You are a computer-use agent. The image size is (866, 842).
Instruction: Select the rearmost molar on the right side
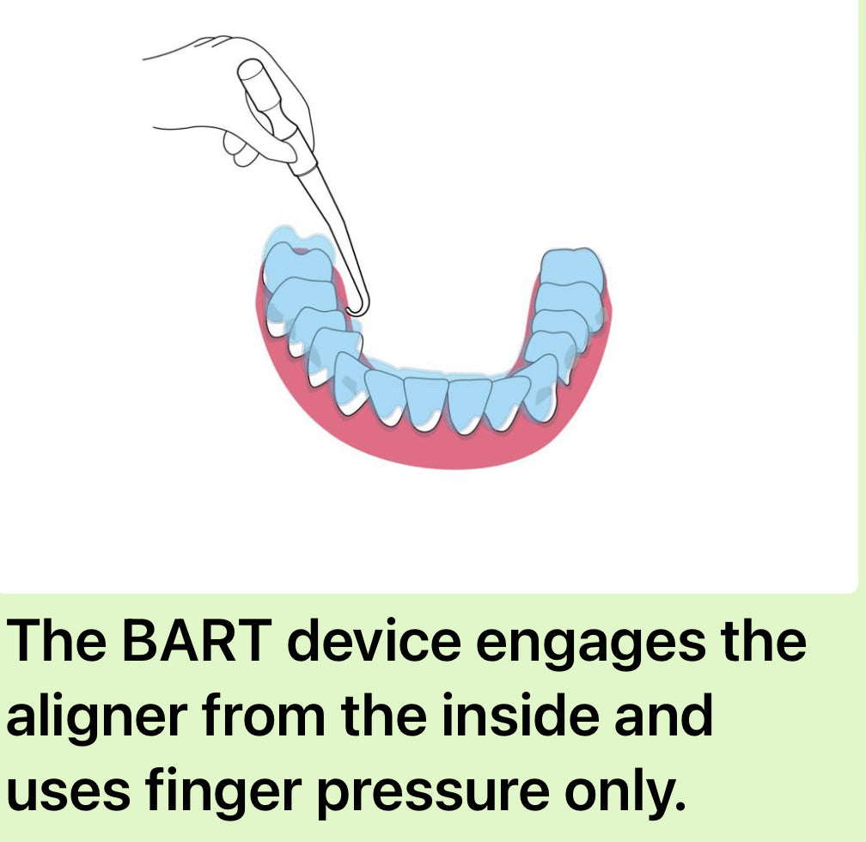[x=572, y=268]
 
